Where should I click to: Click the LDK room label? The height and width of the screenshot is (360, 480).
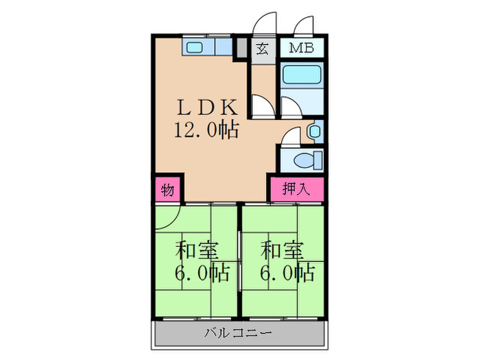coord(208,107)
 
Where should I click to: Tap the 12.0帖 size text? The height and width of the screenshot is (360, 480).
coord(206,130)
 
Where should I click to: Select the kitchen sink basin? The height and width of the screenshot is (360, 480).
coord(194,47)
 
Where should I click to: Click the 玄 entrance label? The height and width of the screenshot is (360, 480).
coord(262,49)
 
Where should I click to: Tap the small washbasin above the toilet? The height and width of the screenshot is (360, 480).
coord(315,130)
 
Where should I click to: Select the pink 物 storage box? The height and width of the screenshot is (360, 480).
coord(167,190)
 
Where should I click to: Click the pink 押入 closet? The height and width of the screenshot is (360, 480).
coord(295,190)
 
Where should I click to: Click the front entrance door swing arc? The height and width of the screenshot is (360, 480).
coord(263,25)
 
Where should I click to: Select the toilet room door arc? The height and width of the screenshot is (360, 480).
coord(291,136)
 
